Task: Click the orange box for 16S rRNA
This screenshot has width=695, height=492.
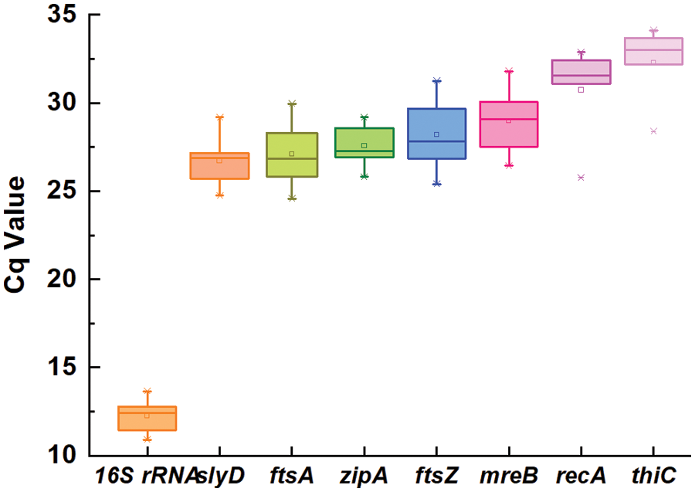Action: tap(147, 418)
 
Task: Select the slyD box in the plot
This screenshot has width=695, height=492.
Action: tap(219, 165)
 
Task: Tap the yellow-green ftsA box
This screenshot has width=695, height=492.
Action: tap(292, 154)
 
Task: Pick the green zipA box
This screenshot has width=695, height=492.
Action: tap(364, 142)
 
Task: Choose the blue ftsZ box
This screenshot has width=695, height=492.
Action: tap(436, 134)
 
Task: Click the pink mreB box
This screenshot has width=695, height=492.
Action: tap(508, 124)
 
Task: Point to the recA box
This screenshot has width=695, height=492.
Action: tap(581, 72)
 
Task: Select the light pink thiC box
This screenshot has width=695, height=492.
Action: tap(653, 51)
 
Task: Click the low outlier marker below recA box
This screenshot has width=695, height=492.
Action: tap(581, 177)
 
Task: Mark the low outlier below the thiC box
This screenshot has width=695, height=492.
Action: tap(653, 131)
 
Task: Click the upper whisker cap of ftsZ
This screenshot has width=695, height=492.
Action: tap(436, 80)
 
